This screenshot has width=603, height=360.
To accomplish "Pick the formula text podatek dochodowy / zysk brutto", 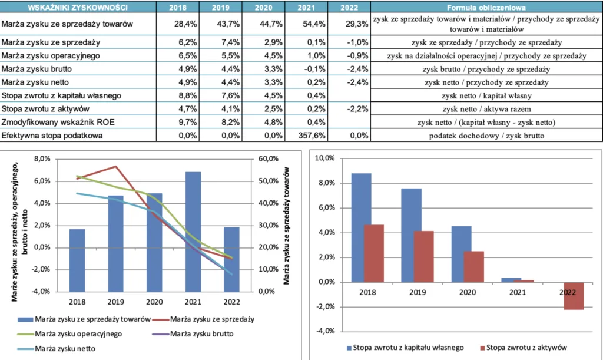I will [486, 136].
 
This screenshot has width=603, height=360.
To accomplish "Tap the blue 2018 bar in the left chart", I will [78, 260].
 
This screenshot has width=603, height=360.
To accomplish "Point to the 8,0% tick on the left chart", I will [44, 159].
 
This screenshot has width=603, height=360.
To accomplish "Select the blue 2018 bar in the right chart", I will [361, 227].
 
